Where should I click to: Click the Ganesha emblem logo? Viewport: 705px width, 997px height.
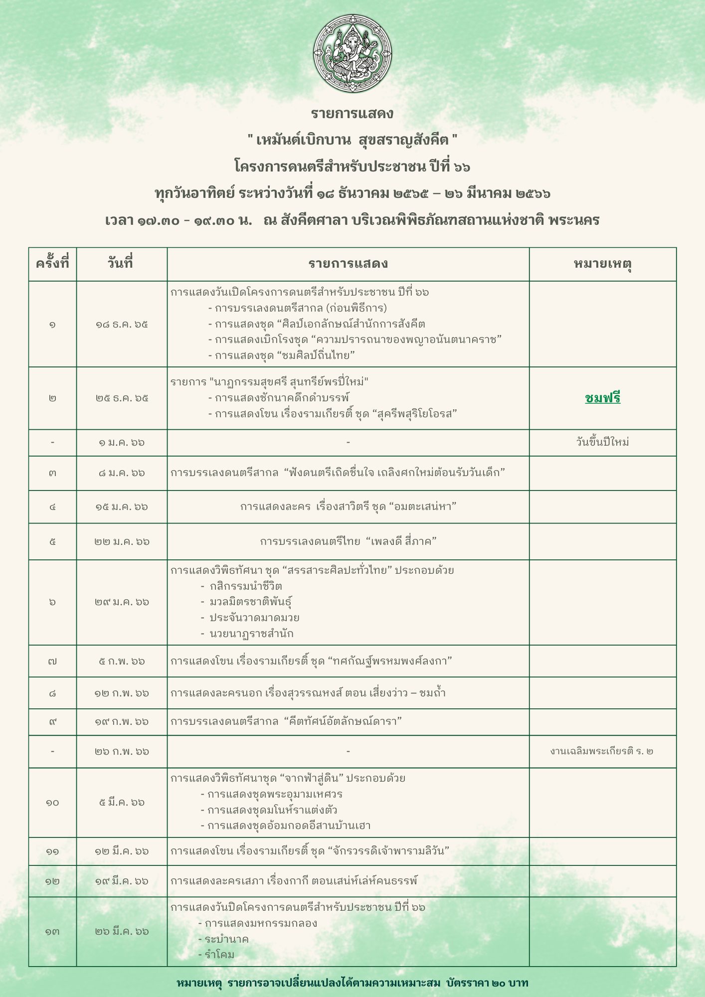pyautogui.click(x=352, y=53)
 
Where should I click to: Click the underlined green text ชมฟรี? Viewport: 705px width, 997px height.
pyautogui.click(x=602, y=398)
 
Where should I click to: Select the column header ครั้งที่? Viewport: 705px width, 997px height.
pyautogui.click(x=52, y=264)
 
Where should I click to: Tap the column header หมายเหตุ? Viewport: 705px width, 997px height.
pyautogui.click(x=602, y=264)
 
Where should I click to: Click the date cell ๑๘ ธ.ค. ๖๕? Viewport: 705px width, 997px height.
pyautogui.click(x=122, y=325)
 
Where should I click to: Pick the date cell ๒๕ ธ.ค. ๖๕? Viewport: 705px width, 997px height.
pyautogui.click(x=122, y=398)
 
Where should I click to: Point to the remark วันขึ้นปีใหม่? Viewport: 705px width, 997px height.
pyautogui.click(x=602, y=442)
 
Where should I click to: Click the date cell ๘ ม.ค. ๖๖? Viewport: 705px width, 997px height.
pyautogui.click(x=122, y=473)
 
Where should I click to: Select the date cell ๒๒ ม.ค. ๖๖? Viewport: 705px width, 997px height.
pyautogui.click(x=122, y=541)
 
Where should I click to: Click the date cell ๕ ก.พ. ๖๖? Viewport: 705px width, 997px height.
pyautogui.click(x=122, y=662)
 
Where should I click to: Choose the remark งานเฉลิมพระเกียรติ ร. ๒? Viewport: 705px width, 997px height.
pyautogui.click(x=602, y=751)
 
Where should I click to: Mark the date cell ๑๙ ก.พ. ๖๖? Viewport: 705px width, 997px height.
pyautogui.click(x=122, y=721)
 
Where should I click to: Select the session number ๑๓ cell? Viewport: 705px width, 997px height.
pyautogui.click(x=52, y=931)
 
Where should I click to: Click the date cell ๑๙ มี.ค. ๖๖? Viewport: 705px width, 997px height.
pyautogui.click(x=122, y=881)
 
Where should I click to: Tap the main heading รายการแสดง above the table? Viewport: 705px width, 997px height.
pyautogui.click(x=352, y=114)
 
